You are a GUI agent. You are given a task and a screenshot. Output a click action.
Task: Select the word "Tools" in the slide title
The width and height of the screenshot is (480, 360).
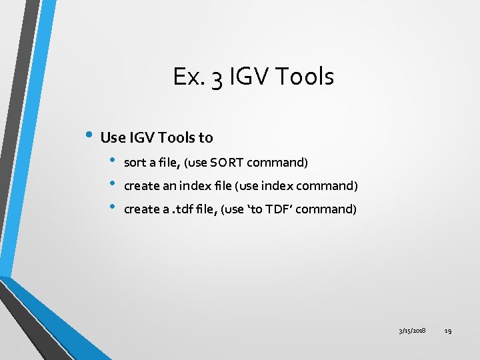click(x=304, y=77)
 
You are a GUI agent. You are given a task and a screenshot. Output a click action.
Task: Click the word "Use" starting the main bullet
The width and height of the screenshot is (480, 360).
click(x=112, y=138)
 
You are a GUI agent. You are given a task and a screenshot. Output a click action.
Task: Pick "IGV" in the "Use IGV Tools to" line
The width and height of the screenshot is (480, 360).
click(x=141, y=138)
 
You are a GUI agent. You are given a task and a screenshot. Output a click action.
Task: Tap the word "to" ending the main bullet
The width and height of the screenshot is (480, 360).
click(x=205, y=138)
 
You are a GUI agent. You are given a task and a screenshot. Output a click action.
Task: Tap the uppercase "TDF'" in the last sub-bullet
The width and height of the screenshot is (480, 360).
click(x=276, y=209)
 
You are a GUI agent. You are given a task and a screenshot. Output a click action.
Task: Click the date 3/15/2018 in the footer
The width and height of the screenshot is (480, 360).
click(x=413, y=331)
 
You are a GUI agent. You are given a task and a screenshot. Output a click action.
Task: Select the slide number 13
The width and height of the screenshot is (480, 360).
click(x=448, y=331)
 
